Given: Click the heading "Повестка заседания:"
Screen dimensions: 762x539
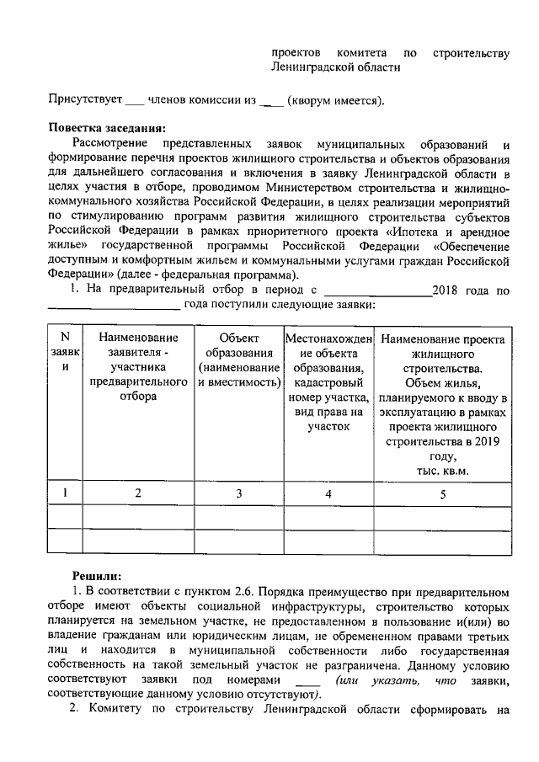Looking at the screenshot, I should (x=105, y=128).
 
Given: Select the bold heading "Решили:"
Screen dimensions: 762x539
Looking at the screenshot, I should (x=97, y=575).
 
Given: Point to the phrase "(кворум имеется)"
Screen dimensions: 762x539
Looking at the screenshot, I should (x=335, y=101).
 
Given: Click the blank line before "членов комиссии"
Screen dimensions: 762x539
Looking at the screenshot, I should (x=134, y=103).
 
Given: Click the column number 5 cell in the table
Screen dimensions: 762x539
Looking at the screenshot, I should (x=442, y=494).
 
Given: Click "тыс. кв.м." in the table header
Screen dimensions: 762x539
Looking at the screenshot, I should (x=442, y=470).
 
